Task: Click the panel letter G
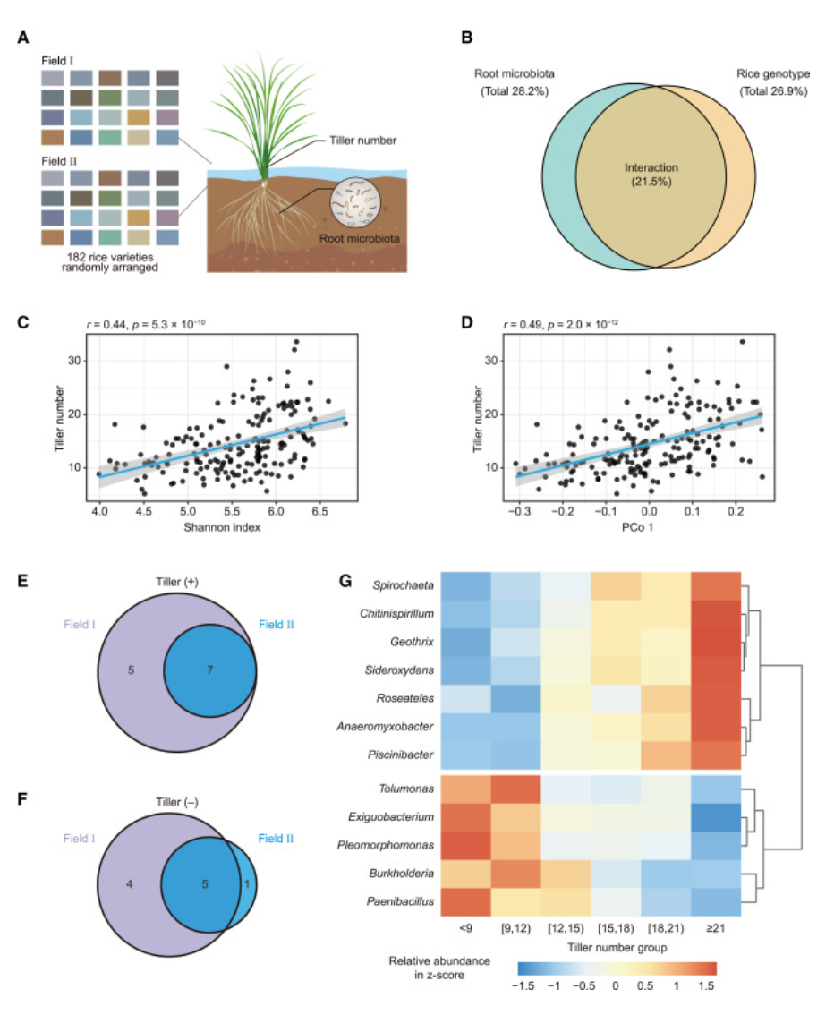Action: (x=345, y=581)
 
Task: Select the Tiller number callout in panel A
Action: (x=362, y=141)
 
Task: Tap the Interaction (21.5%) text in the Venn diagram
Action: (x=651, y=175)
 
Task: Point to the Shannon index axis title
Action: (x=222, y=527)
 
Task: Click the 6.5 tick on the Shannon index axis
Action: (x=319, y=511)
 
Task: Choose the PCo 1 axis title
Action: (x=638, y=527)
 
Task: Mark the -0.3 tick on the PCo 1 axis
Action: (x=519, y=511)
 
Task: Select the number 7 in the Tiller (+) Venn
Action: (x=209, y=670)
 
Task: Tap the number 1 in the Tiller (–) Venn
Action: (x=247, y=883)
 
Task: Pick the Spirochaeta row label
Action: (x=403, y=585)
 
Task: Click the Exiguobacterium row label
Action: (x=391, y=817)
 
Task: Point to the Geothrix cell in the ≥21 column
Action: (x=716, y=642)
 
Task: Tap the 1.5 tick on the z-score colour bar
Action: (x=706, y=985)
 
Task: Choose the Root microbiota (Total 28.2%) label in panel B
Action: (x=514, y=82)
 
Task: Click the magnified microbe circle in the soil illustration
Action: (x=354, y=202)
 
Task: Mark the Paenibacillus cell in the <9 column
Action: (x=465, y=901)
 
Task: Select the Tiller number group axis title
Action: (x=617, y=948)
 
